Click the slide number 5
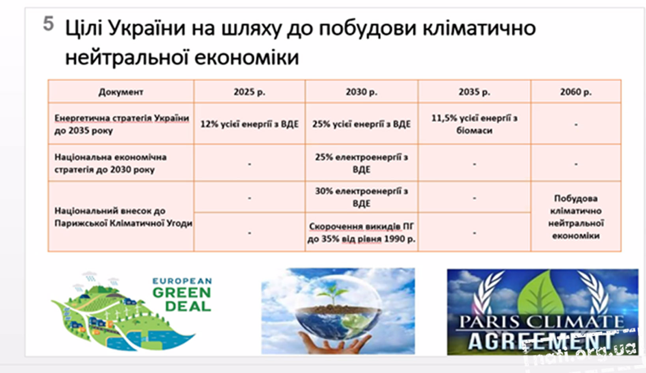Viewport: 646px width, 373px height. (49, 23)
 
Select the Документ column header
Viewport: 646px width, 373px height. (121, 92)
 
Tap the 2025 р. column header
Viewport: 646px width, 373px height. (250, 92)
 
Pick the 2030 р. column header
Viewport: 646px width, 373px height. (361, 92)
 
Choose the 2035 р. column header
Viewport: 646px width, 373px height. (474, 92)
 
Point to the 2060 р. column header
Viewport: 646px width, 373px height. (576, 92)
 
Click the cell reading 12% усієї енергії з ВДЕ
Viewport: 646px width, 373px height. (250, 124)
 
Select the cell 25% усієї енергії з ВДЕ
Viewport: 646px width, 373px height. (361, 124)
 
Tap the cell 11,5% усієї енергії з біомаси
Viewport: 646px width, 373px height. (474, 124)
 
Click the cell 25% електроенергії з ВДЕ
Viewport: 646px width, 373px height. (361, 163)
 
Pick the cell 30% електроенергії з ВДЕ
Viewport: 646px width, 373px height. (361, 197)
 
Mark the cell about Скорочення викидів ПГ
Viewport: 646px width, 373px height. (361, 232)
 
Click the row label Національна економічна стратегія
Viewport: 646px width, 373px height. (110, 163)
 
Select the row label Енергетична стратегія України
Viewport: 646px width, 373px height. (122, 124)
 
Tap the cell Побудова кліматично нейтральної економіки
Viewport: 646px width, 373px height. (576, 217)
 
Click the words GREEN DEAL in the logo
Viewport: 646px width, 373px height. (182, 299)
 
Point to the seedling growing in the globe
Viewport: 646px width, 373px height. (334, 294)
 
